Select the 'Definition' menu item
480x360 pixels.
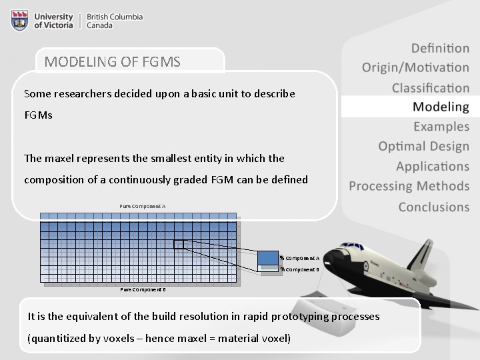(x=439, y=48)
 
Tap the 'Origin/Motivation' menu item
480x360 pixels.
(x=415, y=67)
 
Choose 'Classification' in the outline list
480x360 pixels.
(x=430, y=87)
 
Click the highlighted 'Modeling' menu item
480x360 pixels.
(x=440, y=107)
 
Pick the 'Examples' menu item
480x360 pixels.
(x=441, y=127)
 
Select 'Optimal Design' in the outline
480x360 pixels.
(x=423, y=146)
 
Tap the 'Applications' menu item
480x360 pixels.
(x=432, y=166)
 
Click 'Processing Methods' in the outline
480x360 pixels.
(x=409, y=186)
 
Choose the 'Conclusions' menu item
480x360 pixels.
(x=433, y=207)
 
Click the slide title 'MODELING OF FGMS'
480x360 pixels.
(x=112, y=62)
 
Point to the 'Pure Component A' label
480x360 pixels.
(x=142, y=206)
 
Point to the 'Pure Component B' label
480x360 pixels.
(x=143, y=289)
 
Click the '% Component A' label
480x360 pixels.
(x=299, y=257)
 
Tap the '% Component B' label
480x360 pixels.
(x=299, y=269)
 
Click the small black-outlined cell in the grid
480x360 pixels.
(x=179, y=245)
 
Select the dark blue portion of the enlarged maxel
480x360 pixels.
(x=267, y=257)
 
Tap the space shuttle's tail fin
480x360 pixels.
(x=422, y=252)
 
